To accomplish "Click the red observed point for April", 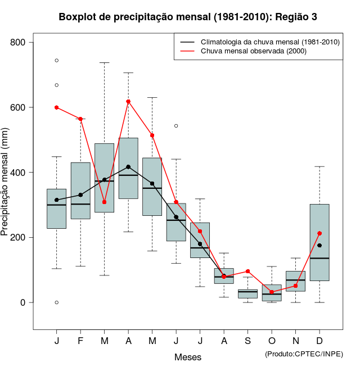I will pyautogui.click(x=128, y=102).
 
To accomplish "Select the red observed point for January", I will pyautogui.click(x=57, y=107).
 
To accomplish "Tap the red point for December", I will pyautogui.click(x=319, y=233).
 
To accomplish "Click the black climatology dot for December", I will pyautogui.click(x=319, y=246).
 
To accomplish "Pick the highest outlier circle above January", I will pyautogui.click(x=57, y=60).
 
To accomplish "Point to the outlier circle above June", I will pyautogui.click(x=176, y=126).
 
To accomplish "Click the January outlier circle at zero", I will pyautogui.click(x=57, y=302).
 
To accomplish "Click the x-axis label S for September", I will pyautogui.click(x=248, y=341).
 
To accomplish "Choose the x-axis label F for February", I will pyautogui.click(x=80, y=341).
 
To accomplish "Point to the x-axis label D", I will pyautogui.click(x=319, y=341).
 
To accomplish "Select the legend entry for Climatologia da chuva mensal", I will pyautogui.click(x=270, y=42).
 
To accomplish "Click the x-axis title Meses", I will pyautogui.click(x=188, y=357).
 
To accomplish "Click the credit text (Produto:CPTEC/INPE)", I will pyautogui.click(x=304, y=354).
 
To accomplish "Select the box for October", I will pyautogui.click(x=272, y=293).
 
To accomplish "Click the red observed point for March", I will pyautogui.click(x=105, y=202).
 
